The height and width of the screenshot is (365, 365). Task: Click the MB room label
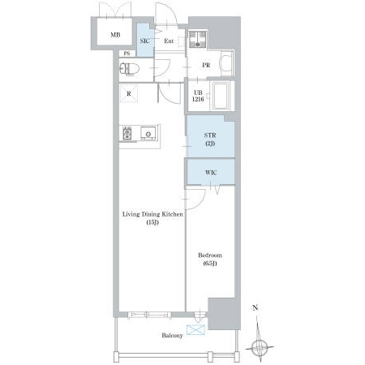click(115, 35)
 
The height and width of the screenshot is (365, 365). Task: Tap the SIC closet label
click(144, 41)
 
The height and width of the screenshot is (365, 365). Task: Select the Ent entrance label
click(169, 41)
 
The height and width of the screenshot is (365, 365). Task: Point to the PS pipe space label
click(127, 54)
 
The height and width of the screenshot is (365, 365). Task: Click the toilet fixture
click(129, 69)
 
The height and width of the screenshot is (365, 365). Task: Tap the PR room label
click(206, 65)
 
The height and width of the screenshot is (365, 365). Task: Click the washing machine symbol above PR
click(198, 39)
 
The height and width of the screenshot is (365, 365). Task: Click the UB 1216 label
click(198, 96)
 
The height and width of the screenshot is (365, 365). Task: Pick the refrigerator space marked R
click(129, 93)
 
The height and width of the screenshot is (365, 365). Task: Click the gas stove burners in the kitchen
click(127, 133)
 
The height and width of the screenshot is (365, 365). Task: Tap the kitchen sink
click(148, 133)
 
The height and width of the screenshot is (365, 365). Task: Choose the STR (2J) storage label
click(210, 140)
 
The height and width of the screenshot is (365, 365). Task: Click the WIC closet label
click(211, 173)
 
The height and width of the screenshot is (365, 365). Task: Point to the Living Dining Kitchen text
click(152, 214)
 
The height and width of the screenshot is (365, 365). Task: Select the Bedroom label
click(210, 255)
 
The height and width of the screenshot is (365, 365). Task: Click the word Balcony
click(172, 336)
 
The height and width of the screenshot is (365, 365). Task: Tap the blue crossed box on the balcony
click(195, 330)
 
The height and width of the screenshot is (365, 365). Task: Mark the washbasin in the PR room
click(226, 64)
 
